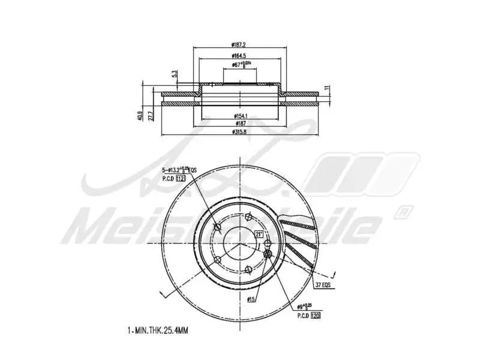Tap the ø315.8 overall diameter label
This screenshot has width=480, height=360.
[x=240, y=132]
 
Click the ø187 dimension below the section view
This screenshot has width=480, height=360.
[x=240, y=123]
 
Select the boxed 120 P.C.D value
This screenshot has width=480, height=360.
[x=314, y=314]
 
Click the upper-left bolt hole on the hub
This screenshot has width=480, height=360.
[x=218, y=228]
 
